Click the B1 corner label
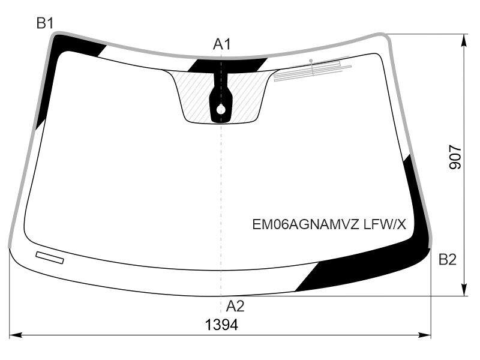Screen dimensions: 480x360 pyautogui.click(x=45, y=23)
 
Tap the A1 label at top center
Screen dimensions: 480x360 pyautogui.click(x=221, y=44)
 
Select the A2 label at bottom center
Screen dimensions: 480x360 pyautogui.click(x=235, y=306)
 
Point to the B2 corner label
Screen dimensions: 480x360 pyautogui.click(x=447, y=260)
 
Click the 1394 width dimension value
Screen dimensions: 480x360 pyautogui.click(x=221, y=325)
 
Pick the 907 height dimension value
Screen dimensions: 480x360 pyautogui.click(x=455, y=158)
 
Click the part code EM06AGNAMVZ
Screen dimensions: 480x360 pyautogui.click(x=305, y=225)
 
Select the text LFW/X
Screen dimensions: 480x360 pyautogui.click(x=385, y=225)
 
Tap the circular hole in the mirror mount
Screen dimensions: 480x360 pyautogui.click(x=221, y=109)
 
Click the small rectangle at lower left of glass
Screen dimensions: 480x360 pyautogui.click(x=50, y=257)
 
